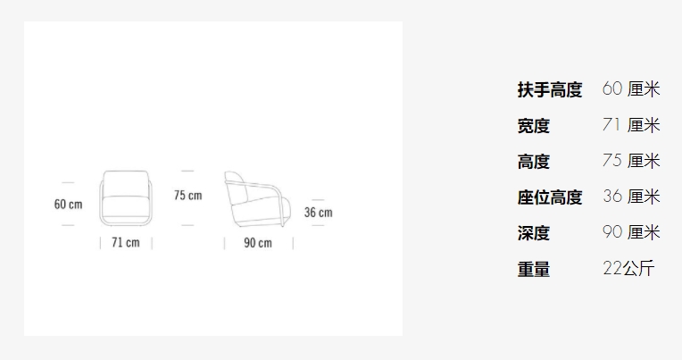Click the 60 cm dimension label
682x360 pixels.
tap(68, 205)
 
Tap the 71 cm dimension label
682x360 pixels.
tap(126, 242)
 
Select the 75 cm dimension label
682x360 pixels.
tap(187, 196)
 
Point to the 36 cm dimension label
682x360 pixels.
tap(319, 213)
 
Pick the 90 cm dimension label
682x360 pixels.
tap(258, 243)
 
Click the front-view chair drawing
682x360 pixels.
tap(126, 198)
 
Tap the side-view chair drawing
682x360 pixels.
tap(257, 199)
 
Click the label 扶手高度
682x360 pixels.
tap(550, 90)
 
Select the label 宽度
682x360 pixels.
tap(534, 126)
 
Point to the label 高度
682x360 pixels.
tap(534, 162)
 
